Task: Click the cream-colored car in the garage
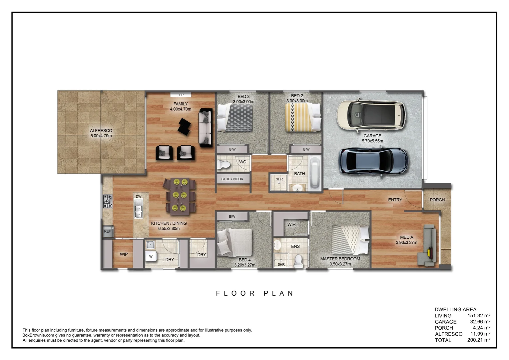(x=371, y=115)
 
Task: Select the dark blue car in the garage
(x=373, y=161)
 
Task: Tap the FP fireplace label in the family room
(x=181, y=95)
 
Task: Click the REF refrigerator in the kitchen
(x=108, y=231)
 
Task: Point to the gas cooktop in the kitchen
(x=108, y=201)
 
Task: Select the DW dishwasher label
(x=138, y=196)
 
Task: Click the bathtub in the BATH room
(x=314, y=173)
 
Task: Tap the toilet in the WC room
(x=224, y=164)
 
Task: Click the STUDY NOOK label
(x=232, y=179)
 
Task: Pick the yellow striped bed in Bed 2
(x=303, y=117)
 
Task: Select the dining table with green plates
(x=180, y=196)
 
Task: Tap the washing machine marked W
(x=151, y=256)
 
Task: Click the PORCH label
(x=437, y=200)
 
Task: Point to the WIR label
(x=291, y=224)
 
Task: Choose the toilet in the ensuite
(x=298, y=261)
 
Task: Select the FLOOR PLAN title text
(x=254, y=293)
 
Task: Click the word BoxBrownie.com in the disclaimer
(x=38, y=335)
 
